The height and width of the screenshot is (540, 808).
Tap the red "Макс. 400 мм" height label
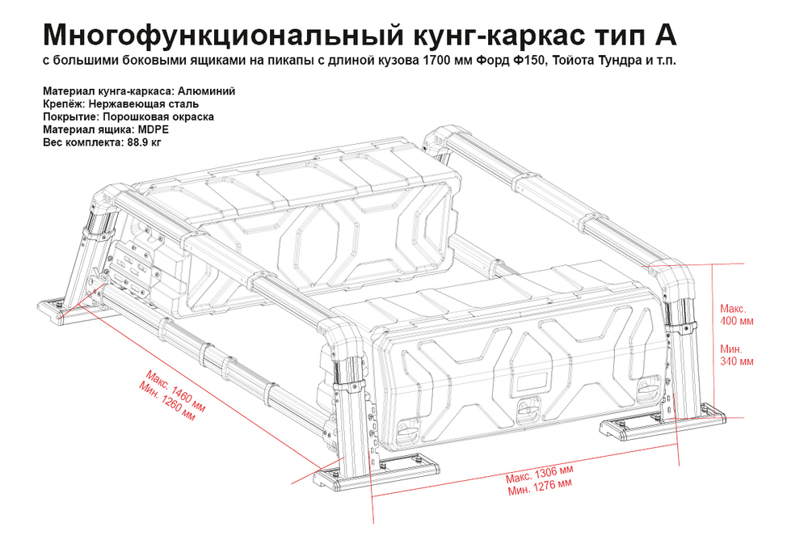[736, 314]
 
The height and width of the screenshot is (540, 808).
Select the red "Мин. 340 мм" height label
[736, 355]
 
